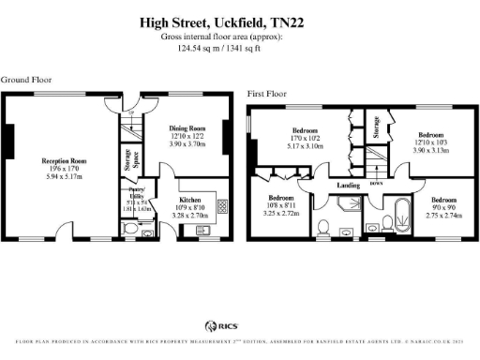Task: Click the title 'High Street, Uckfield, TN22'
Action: point(221,20)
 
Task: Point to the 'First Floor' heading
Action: point(268,95)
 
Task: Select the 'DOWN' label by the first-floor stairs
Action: point(376,184)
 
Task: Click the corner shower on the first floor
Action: point(352,218)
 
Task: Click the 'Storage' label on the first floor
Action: point(376,125)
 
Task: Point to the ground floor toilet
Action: point(132,226)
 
